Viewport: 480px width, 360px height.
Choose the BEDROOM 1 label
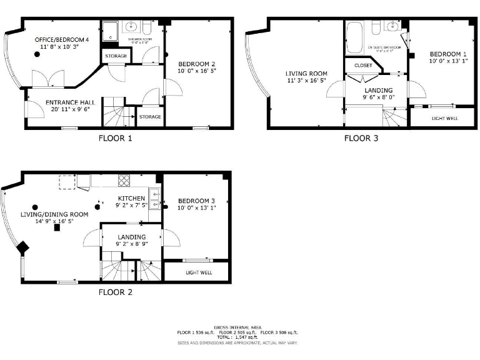(447, 54)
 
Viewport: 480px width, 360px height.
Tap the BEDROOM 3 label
(196, 200)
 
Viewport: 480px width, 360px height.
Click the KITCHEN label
(131, 198)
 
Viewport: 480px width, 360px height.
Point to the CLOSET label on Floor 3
(362, 66)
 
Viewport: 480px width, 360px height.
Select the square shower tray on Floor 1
(110, 32)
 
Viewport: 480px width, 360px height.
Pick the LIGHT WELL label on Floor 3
(445, 118)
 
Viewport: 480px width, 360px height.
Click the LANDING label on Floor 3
(379, 89)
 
